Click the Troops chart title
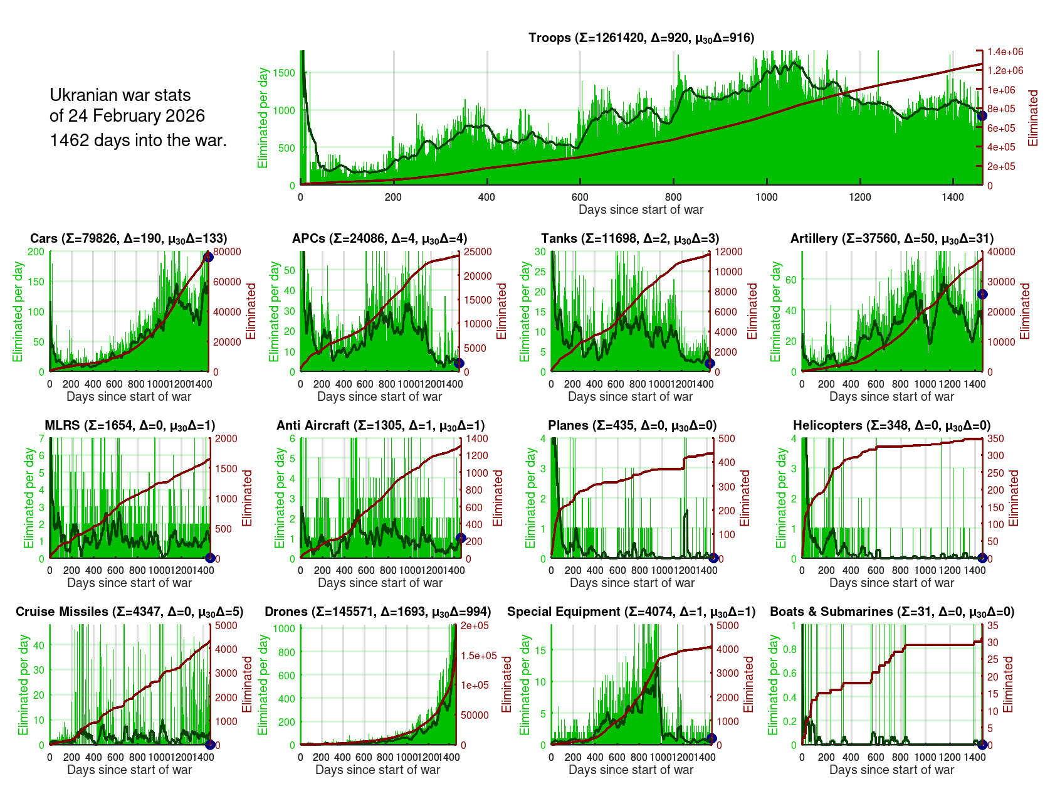coord(641,38)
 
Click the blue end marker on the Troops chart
coord(982,115)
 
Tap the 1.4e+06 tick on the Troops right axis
coord(1005,51)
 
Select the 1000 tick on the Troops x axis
coord(766,197)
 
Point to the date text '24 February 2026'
coord(127,116)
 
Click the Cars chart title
coord(129,238)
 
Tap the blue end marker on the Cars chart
coord(209,256)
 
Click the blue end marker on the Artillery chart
coord(982,295)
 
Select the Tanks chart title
coord(630,238)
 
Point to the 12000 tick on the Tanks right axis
coord(729,252)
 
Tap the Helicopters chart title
coord(891,425)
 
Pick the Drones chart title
coord(377,612)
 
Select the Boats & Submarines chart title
coord(891,612)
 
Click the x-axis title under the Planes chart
coord(632,583)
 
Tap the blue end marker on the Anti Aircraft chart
coord(461,538)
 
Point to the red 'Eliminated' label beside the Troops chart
coord(1033,118)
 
